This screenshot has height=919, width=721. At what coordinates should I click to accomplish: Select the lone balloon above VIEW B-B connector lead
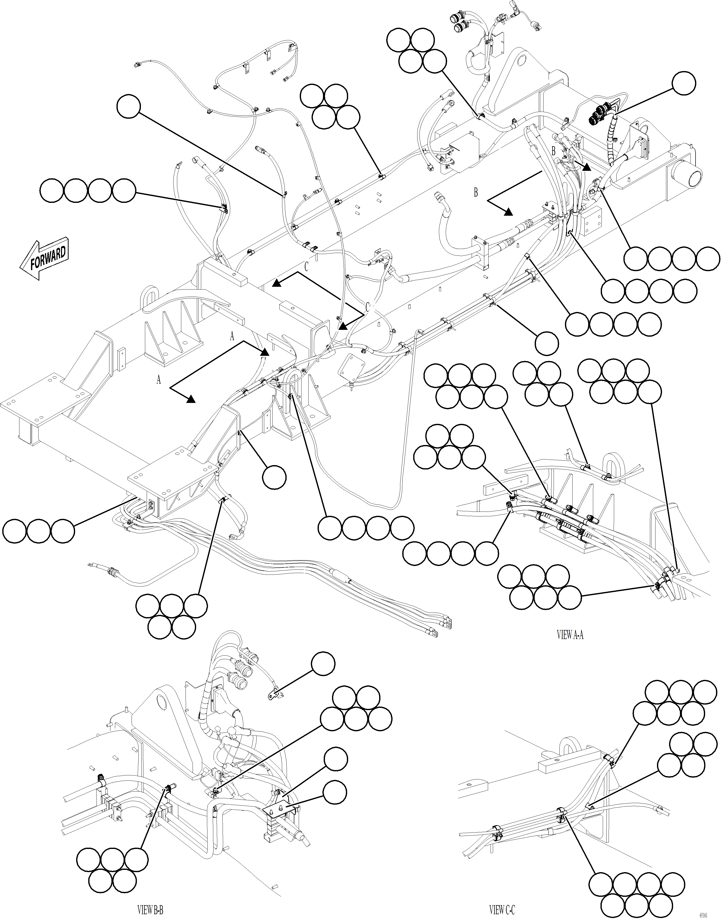point(323,664)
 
